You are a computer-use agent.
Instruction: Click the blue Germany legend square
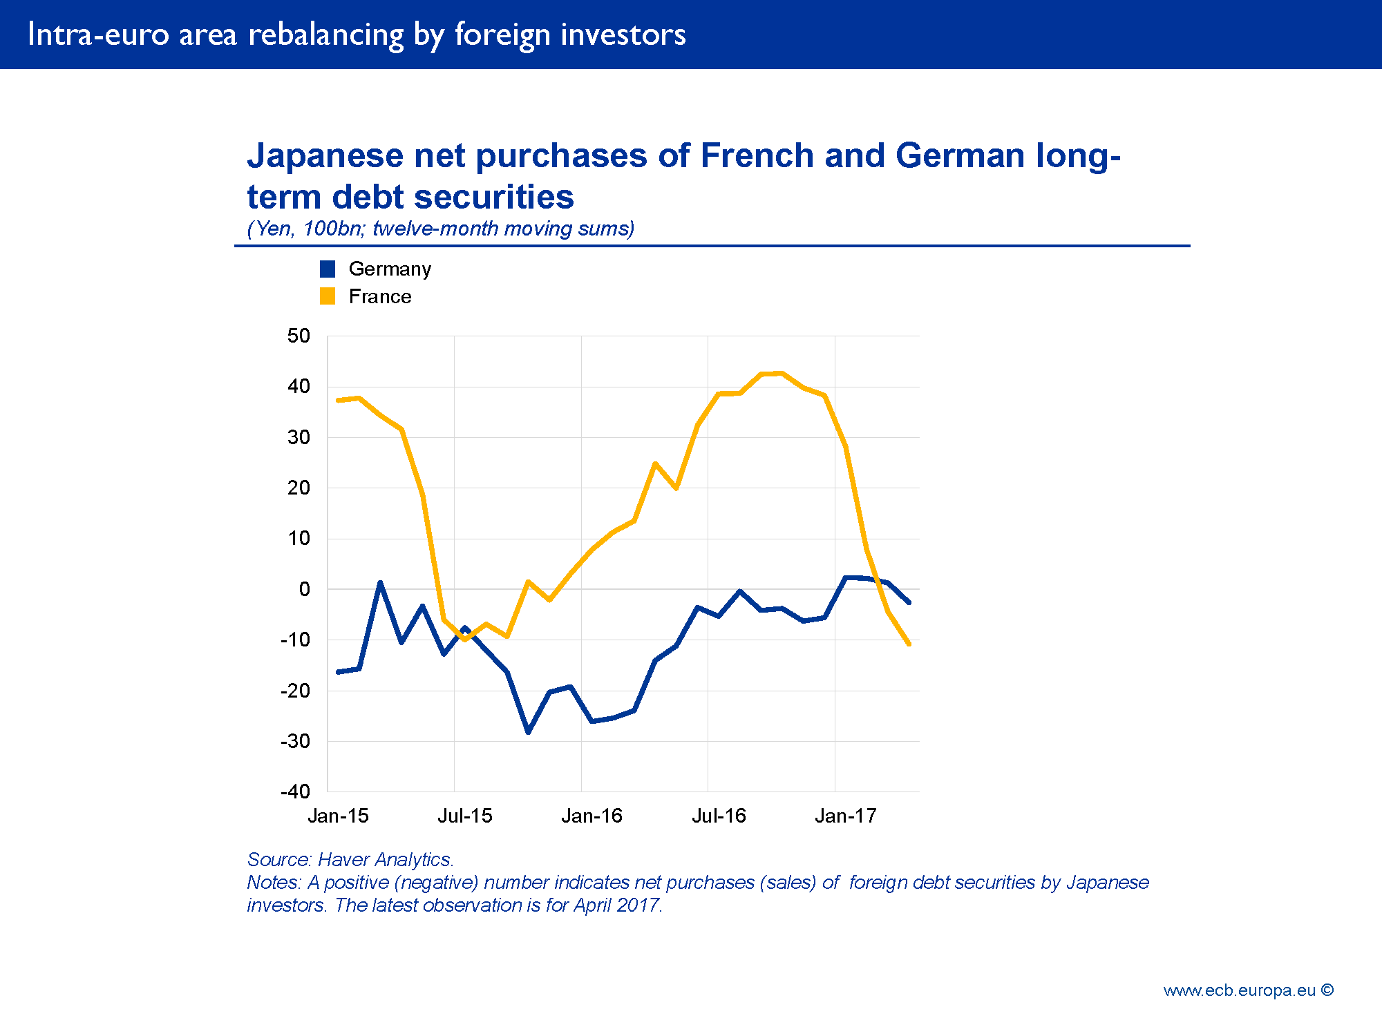tap(328, 269)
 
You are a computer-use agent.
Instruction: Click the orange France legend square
tap(328, 296)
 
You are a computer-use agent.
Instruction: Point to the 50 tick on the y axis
tap(299, 336)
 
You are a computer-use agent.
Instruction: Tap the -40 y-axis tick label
tap(295, 792)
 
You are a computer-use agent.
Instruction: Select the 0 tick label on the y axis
tap(304, 589)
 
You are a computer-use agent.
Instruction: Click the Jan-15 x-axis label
tap(338, 816)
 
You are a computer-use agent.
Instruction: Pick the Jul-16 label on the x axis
tap(719, 816)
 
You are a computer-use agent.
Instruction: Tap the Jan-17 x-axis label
tap(845, 816)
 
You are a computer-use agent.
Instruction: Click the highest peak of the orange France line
tap(781, 373)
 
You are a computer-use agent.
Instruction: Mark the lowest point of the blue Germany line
tap(529, 732)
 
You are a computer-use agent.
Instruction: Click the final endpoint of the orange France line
tap(909, 644)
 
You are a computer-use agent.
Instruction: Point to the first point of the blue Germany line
tap(338, 672)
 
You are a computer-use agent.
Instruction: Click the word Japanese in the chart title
tap(325, 155)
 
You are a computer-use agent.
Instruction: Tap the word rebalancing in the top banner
tap(325, 35)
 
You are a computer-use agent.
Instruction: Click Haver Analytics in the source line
tap(385, 859)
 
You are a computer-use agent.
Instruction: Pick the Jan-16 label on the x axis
tap(591, 816)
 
